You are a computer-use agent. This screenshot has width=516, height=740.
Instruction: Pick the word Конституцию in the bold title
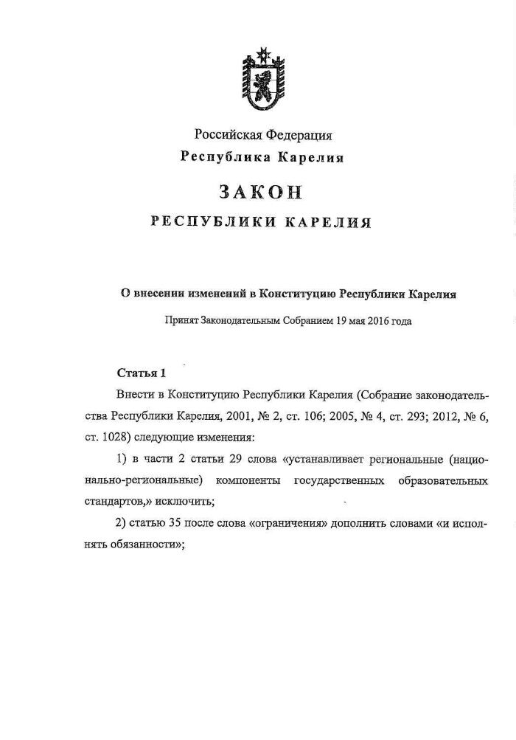coord(296,294)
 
